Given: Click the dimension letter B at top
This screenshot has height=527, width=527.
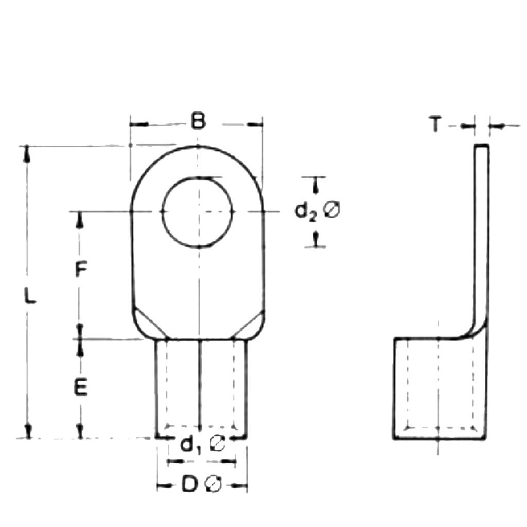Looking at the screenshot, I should (x=198, y=122).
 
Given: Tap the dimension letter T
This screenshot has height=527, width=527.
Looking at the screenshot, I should (x=435, y=125).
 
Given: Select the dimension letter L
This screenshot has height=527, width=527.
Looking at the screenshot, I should (x=31, y=297).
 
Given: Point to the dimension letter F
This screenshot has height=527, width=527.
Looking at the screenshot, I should (x=80, y=269).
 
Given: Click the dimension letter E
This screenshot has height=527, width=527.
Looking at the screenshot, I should (x=80, y=387).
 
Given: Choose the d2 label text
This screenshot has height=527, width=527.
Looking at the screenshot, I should (x=305, y=211).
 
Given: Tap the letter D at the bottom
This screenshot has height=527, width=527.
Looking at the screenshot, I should (x=190, y=485).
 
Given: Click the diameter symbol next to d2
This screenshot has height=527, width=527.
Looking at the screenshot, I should (x=332, y=210).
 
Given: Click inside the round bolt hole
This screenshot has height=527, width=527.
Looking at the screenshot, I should (x=198, y=212).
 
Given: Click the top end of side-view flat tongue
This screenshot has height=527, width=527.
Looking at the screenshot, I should (x=481, y=147).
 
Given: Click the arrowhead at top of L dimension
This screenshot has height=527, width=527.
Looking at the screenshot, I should (x=27, y=154).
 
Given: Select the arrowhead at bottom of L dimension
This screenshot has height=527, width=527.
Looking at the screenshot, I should (x=29, y=431).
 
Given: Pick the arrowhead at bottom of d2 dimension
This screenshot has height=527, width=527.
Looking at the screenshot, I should (x=317, y=238).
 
